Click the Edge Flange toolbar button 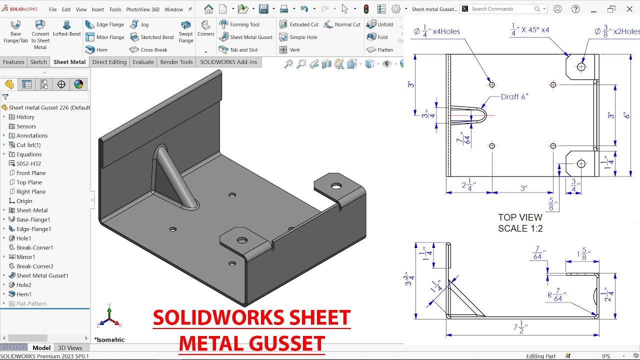click(104, 24)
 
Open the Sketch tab click(38, 62)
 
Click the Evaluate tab click(143, 62)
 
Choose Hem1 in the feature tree click(23, 294)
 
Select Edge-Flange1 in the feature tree click(33, 229)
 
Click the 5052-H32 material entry click(28, 163)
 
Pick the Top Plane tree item click(29, 182)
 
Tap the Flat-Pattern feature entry click(31, 303)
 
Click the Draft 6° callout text click(514, 96)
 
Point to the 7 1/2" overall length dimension click(520, 328)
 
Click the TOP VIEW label click(520, 217)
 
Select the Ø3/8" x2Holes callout click(617, 31)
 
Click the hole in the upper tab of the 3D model click(336, 186)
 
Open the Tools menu click(115, 9)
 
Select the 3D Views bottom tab click(70, 348)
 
